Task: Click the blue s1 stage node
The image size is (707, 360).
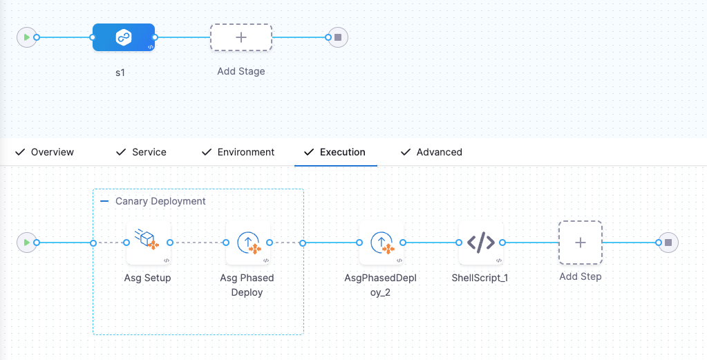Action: (x=124, y=37)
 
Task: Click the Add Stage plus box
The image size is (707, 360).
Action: (x=241, y=37)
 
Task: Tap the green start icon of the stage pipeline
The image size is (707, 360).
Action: (x=26, y=37)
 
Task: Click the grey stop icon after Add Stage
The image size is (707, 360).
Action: (x=338, y=37)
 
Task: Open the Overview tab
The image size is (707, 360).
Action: (x=52, y=152)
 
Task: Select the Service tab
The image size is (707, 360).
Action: (x=149, y=152)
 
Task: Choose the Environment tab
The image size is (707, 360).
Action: (x=245, y=152)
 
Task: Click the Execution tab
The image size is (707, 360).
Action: (x=342, y=152)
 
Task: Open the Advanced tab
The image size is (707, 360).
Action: (x=439, y=152)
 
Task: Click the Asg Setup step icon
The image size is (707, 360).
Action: (x=148, y=243)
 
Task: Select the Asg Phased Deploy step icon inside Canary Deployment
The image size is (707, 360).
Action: (x=247, y=243)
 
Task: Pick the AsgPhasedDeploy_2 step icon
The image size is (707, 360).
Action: (x=381, y=243)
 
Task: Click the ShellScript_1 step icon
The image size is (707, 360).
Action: (x=481, y=243)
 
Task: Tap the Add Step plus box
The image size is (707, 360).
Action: (x=581, y=243)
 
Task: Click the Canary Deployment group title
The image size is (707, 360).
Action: (x=160, y=201)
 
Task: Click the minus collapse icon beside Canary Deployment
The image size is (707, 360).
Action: (x=104, y=201)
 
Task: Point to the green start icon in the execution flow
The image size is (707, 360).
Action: (x=26, y=243)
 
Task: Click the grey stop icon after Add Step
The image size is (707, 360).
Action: (x=668, y=243)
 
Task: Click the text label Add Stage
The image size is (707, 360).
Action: (x=241, y=71)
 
